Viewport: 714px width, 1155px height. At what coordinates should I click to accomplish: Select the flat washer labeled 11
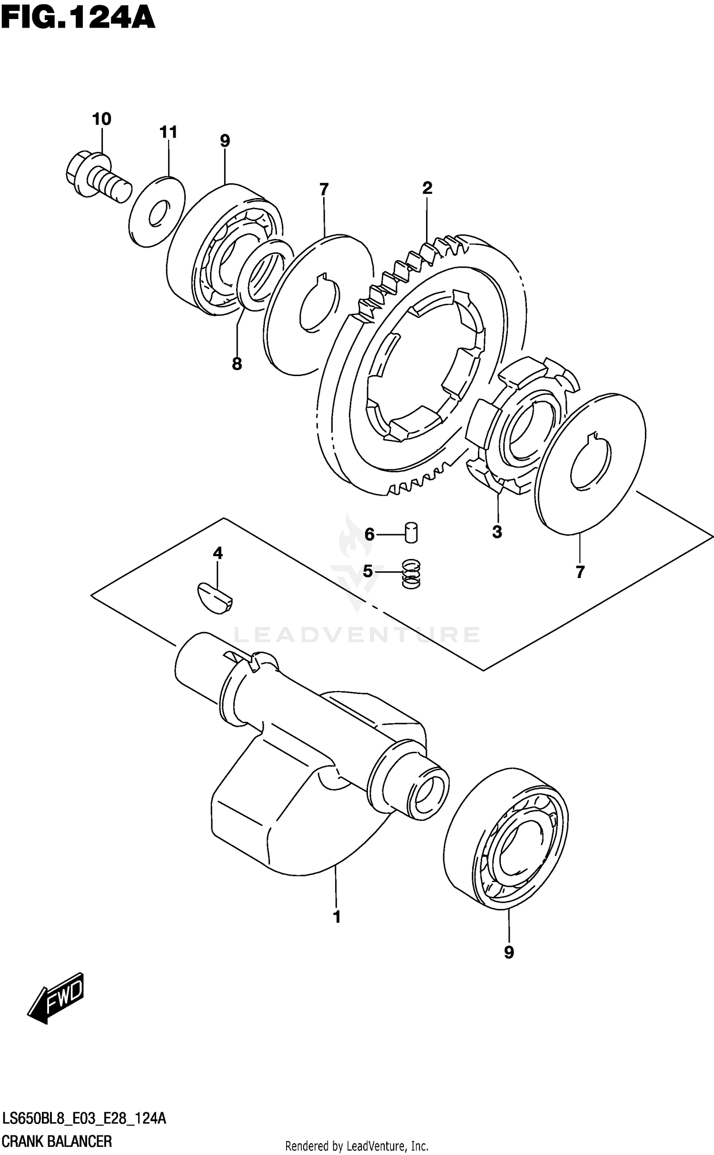coord(157,211)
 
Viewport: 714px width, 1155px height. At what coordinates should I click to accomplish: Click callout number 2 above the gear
coord(427,188)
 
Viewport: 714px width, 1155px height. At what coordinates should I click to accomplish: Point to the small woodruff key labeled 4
coord(215,597)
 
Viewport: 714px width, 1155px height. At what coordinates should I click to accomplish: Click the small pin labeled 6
coord(411,533)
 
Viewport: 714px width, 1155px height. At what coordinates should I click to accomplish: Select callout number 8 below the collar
coord(237,364)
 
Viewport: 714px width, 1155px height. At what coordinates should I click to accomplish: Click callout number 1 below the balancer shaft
coord(337,916)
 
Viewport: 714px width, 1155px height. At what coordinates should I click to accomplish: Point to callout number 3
coord(497,532)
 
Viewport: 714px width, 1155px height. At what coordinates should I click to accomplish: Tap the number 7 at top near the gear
coord(324,190)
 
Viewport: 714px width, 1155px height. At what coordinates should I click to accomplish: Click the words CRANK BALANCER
coord(57,1141)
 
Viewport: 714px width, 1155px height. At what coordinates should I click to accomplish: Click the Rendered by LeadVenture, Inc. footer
coord(357,1146)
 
